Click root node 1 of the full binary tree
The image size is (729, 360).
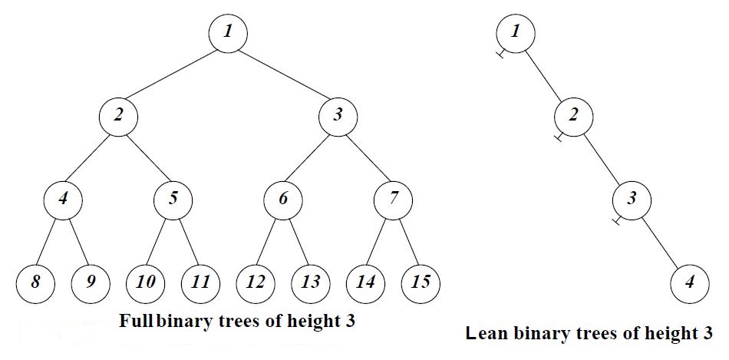pos(228,34)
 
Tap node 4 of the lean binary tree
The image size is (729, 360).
pos(689,284)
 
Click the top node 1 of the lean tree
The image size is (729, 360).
pos(515,34)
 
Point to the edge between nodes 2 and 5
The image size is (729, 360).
pos(146,158)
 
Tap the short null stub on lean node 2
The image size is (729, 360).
pos(560,137)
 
